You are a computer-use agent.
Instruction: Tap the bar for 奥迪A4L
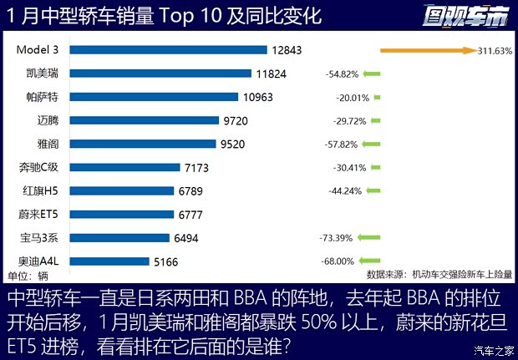point(109,261)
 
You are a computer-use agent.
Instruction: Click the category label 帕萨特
point(43,97)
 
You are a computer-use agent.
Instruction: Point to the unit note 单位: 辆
point(28,276)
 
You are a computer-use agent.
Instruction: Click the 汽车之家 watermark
point(493,350)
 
